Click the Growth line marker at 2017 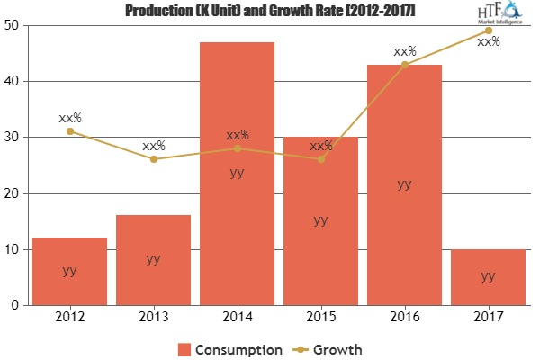click(488, 31)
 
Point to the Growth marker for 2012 click(70, 131)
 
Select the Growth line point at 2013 click(154, 159)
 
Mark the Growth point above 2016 click(404, 64)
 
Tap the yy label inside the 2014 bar click(238, 172)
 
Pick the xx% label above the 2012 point click(70, 117)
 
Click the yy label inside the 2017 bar click(488, 276)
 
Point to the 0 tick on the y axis click(18, 306)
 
